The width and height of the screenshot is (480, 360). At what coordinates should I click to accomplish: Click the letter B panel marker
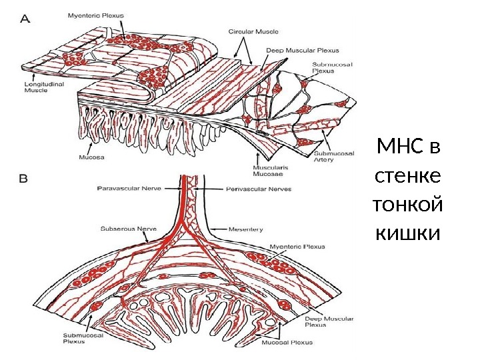coord(23,179)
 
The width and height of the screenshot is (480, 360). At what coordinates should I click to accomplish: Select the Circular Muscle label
coord(253,31)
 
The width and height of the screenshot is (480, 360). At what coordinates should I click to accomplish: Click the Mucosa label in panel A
coord(85,158)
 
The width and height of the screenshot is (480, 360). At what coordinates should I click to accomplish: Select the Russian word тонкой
coord(409,205)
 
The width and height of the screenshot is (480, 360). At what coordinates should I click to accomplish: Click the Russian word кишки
coord(408,234)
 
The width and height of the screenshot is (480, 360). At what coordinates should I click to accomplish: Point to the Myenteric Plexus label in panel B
coord(297,247)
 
